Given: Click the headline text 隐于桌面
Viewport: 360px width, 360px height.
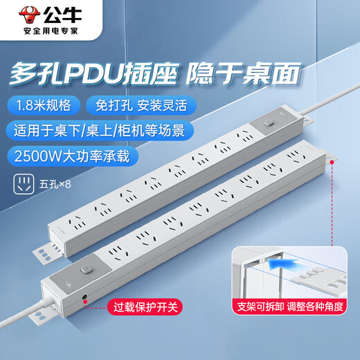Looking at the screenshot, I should tap(264, 72).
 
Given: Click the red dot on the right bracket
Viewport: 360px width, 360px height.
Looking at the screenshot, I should tap(334, 161).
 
